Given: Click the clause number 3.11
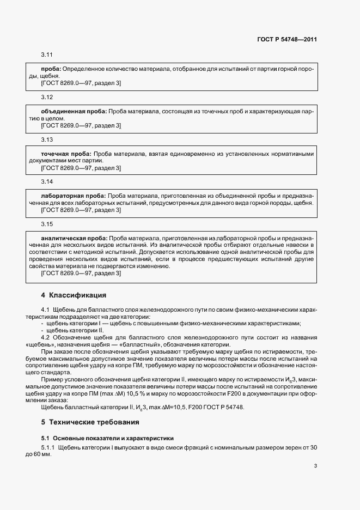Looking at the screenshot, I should click(x=47, y=55).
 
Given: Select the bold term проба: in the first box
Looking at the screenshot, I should click(x=52, y=69).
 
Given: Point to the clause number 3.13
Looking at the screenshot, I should click(x=47, y=139).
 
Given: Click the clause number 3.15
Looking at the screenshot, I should click(x=47, y=223).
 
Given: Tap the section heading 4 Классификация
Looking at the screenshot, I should click(x=74, y=296).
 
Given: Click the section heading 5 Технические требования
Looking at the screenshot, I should click(x=90, y=422).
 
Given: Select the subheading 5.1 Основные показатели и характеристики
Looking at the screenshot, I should click(x=107, y=438).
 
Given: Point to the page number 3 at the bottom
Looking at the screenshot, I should click(x=316, y=465).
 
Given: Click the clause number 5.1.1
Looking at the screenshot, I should click(x=48, y=447).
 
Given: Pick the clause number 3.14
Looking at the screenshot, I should click(x=47, y=181).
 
